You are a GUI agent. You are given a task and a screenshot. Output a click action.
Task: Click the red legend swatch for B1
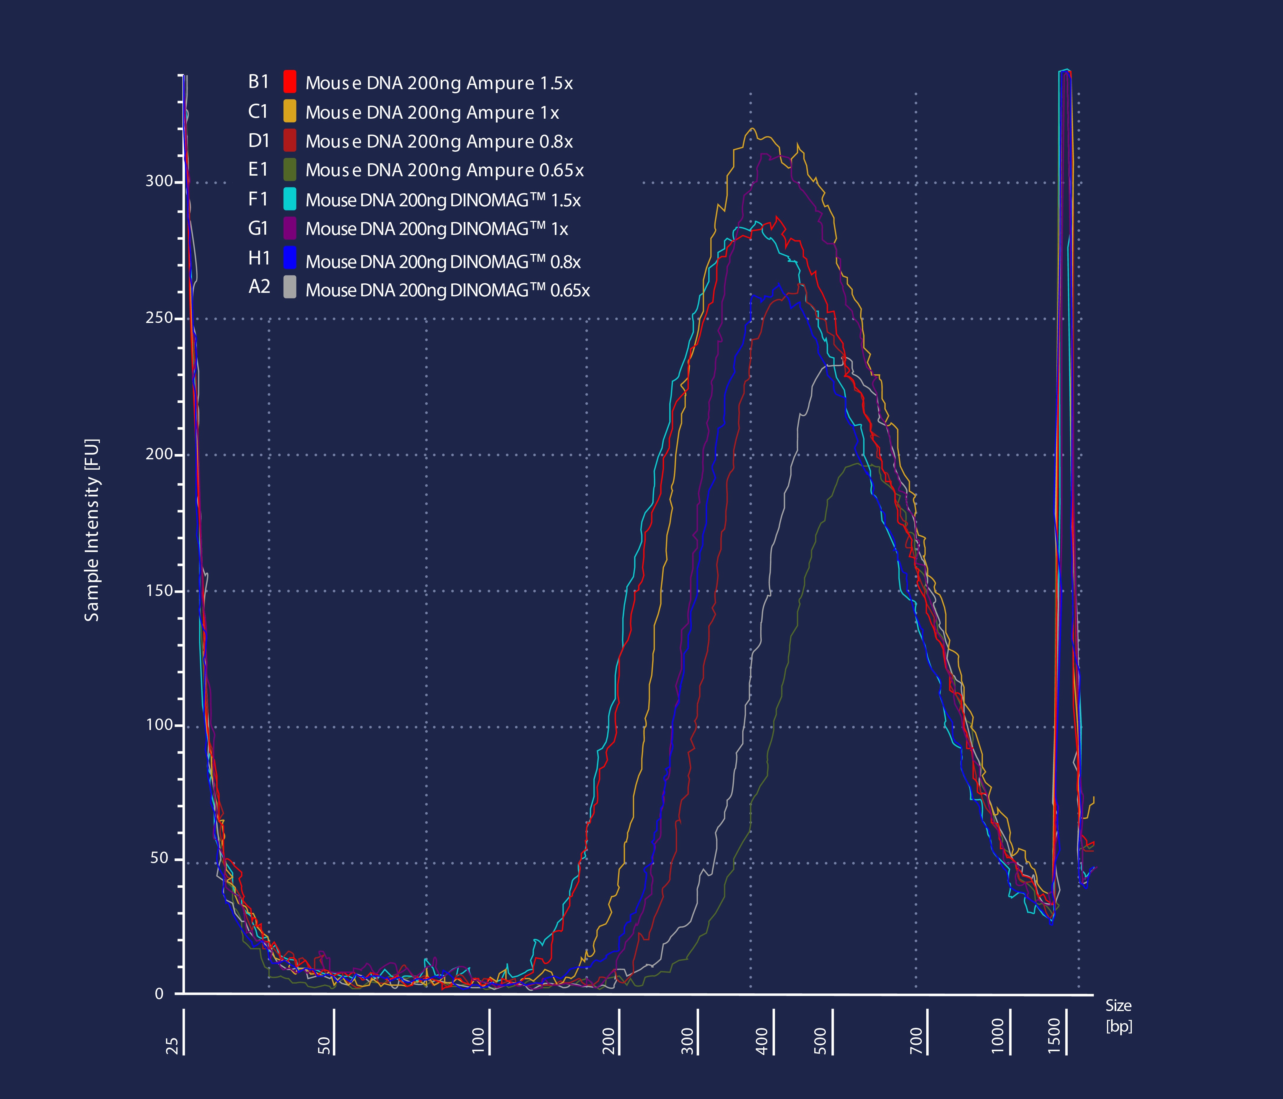[289, 82]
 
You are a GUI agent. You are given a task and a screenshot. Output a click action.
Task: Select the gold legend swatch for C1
[289, 111]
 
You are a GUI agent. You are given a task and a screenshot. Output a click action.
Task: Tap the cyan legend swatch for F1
[289, 199]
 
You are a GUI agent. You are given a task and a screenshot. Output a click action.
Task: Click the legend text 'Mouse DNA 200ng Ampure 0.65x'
[444, 170]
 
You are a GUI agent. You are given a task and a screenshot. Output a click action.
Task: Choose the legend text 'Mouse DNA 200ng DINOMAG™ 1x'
[437, 229]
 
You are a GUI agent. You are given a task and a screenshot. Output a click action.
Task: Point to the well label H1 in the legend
[259, 258]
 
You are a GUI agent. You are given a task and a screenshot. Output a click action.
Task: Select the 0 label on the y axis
[159, 994]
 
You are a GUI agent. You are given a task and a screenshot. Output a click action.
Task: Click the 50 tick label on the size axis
[324, 1045]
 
